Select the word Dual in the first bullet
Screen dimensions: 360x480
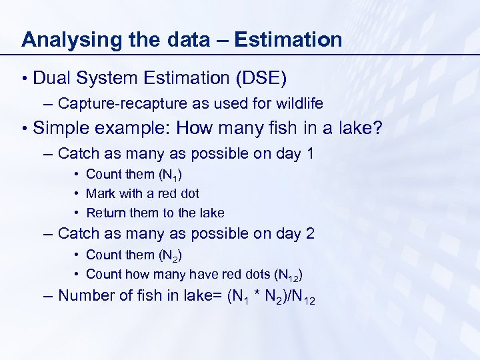tap(51, 79)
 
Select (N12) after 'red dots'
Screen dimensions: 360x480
tap(290, 275)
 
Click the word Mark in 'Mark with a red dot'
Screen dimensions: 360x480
tap(100, 193)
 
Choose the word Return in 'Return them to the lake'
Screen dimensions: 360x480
tap(104, 213)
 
